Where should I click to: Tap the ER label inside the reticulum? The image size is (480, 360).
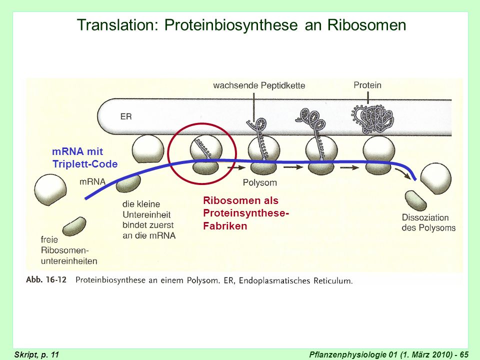click(126, 116)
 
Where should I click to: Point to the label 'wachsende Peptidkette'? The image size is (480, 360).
click(259, 85)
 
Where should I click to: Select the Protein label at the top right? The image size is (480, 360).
click(367, 85)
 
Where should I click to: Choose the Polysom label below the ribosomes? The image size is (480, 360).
click(259, 183)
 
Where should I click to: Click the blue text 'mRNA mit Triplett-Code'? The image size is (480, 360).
click(85, 157)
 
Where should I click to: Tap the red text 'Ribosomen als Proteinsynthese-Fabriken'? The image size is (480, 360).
click(246, 213)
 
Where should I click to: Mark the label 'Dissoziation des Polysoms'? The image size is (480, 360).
click(428, 222)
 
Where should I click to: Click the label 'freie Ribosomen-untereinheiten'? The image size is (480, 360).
click(69, 250)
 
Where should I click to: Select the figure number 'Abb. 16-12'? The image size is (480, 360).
click(46, 280)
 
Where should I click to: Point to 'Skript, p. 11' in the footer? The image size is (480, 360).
click(36, 354)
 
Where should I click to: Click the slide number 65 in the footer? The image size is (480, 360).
click(463, 354)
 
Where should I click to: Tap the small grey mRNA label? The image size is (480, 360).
click(92, 182)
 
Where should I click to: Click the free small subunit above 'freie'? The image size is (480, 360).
click(74, 226)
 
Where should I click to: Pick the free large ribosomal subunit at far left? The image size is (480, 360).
click(50, 190)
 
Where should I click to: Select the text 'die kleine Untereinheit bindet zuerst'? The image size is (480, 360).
click(148, 214)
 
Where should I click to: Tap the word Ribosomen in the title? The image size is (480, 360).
click(366, 25)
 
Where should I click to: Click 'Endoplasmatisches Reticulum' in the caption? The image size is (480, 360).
click(295, 280)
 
